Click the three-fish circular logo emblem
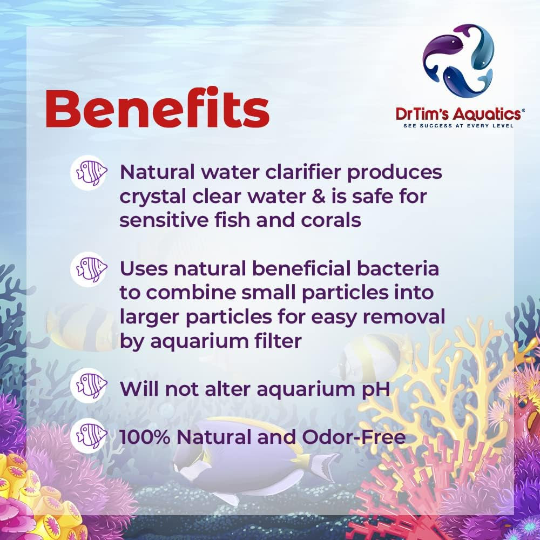point(458,60)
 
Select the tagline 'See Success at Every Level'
point(458,126)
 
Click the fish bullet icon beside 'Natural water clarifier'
point(88,173)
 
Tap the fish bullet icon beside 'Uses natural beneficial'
point(88,268)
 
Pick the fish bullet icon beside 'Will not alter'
point(88,387)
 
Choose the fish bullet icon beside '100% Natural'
point(88,436)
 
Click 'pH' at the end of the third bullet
point(375,388)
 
